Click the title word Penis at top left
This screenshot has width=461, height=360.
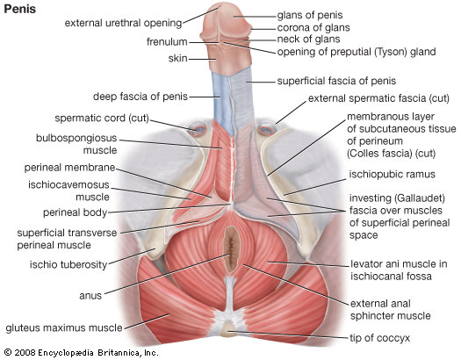coord(20,9)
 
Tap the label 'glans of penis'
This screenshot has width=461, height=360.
coord(310,15)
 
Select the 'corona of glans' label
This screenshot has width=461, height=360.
coord(313,28)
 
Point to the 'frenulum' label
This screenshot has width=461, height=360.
coord(167,42)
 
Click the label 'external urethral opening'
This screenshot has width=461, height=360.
coord(124,23)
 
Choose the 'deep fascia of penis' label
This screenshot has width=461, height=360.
coord(140,97)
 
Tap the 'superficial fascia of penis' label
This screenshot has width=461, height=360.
coord(336,81)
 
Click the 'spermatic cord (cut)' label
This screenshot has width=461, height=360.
coord(102,119)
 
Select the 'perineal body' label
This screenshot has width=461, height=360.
coord(75,212)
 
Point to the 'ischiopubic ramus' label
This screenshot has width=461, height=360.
coord(392,174)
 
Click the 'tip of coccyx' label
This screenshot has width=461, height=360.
coord(379,338)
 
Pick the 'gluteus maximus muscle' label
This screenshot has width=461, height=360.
coord(64,328)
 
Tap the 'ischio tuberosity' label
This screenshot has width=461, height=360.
coord(68,265)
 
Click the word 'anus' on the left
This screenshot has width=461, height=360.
coord(90,296)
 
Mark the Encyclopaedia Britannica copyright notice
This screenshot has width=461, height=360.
coord(82,353)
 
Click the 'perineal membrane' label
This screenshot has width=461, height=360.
coord(69,168)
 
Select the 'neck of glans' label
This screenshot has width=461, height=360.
coord(308,40)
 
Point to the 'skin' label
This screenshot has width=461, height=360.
coord(178,59)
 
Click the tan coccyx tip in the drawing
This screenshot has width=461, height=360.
coord(228,330)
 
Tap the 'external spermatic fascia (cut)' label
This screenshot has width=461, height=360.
coord(378,98)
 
